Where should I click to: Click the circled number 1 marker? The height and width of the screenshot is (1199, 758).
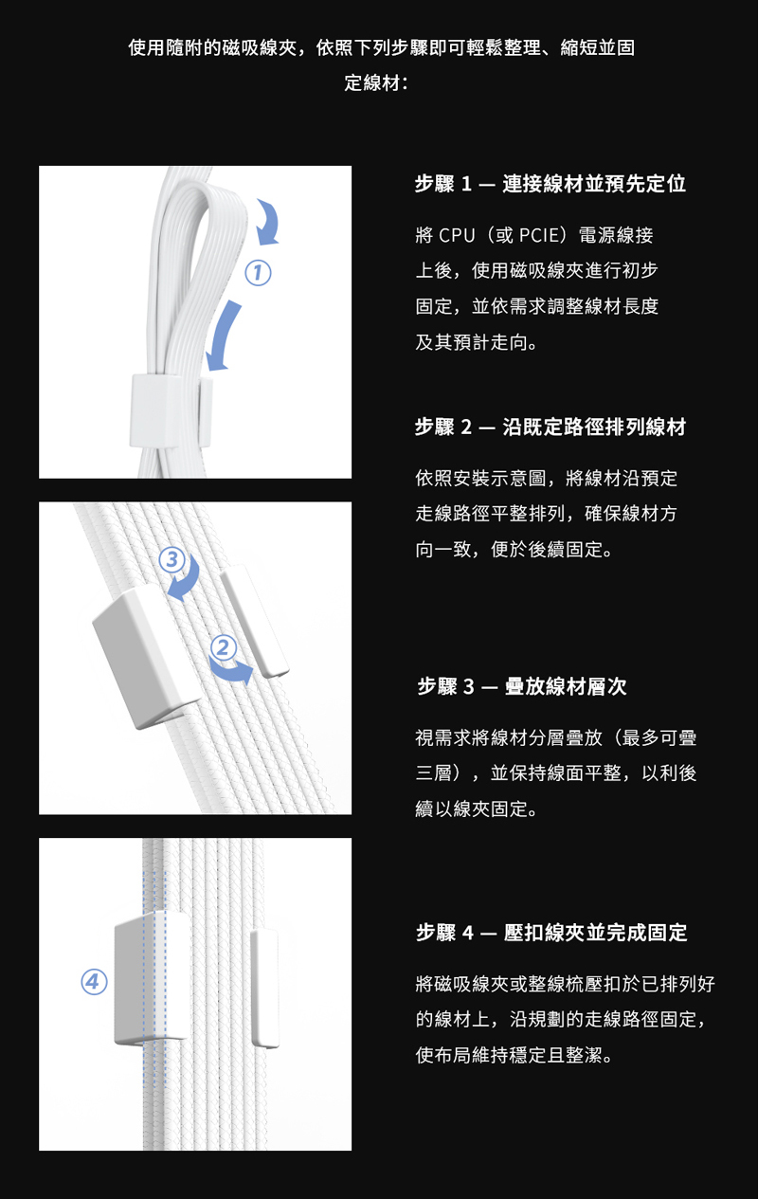coord(258,273)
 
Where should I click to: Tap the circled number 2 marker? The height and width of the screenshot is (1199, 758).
coord(223,647)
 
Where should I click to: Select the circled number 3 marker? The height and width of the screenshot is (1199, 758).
coord(171,559)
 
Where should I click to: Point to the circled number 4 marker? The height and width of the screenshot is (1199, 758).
coord(94,982)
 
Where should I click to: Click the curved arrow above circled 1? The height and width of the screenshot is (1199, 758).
coord(272,221)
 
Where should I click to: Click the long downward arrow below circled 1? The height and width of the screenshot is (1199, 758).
coord(224,336)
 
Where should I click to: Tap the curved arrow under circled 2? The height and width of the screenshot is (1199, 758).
coord(231,671)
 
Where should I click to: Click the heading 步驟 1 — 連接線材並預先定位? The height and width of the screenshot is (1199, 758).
coord(550,184)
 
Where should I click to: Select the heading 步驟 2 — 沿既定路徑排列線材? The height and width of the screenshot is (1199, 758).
coord(550,427)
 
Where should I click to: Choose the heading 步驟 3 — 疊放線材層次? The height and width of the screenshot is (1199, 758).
coord(522,686)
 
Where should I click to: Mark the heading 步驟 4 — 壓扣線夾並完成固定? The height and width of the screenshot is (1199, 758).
coord(552,933)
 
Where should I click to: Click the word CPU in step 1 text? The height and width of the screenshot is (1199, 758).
coord(457,235)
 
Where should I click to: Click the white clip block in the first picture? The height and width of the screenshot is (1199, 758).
coord(154,410)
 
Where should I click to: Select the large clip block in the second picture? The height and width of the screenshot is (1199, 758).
coord(147,657)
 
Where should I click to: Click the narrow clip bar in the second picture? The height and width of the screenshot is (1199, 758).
coord(255,621)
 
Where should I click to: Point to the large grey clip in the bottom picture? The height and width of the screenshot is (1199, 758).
coord(152,978)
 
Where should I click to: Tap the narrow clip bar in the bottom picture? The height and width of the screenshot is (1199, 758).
coord(264,988)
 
